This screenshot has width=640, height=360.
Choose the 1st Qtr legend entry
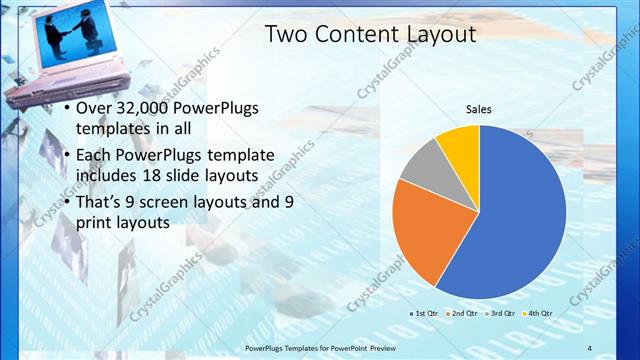424,313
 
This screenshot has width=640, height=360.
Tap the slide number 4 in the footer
590,348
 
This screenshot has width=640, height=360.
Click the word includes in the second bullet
110,177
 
